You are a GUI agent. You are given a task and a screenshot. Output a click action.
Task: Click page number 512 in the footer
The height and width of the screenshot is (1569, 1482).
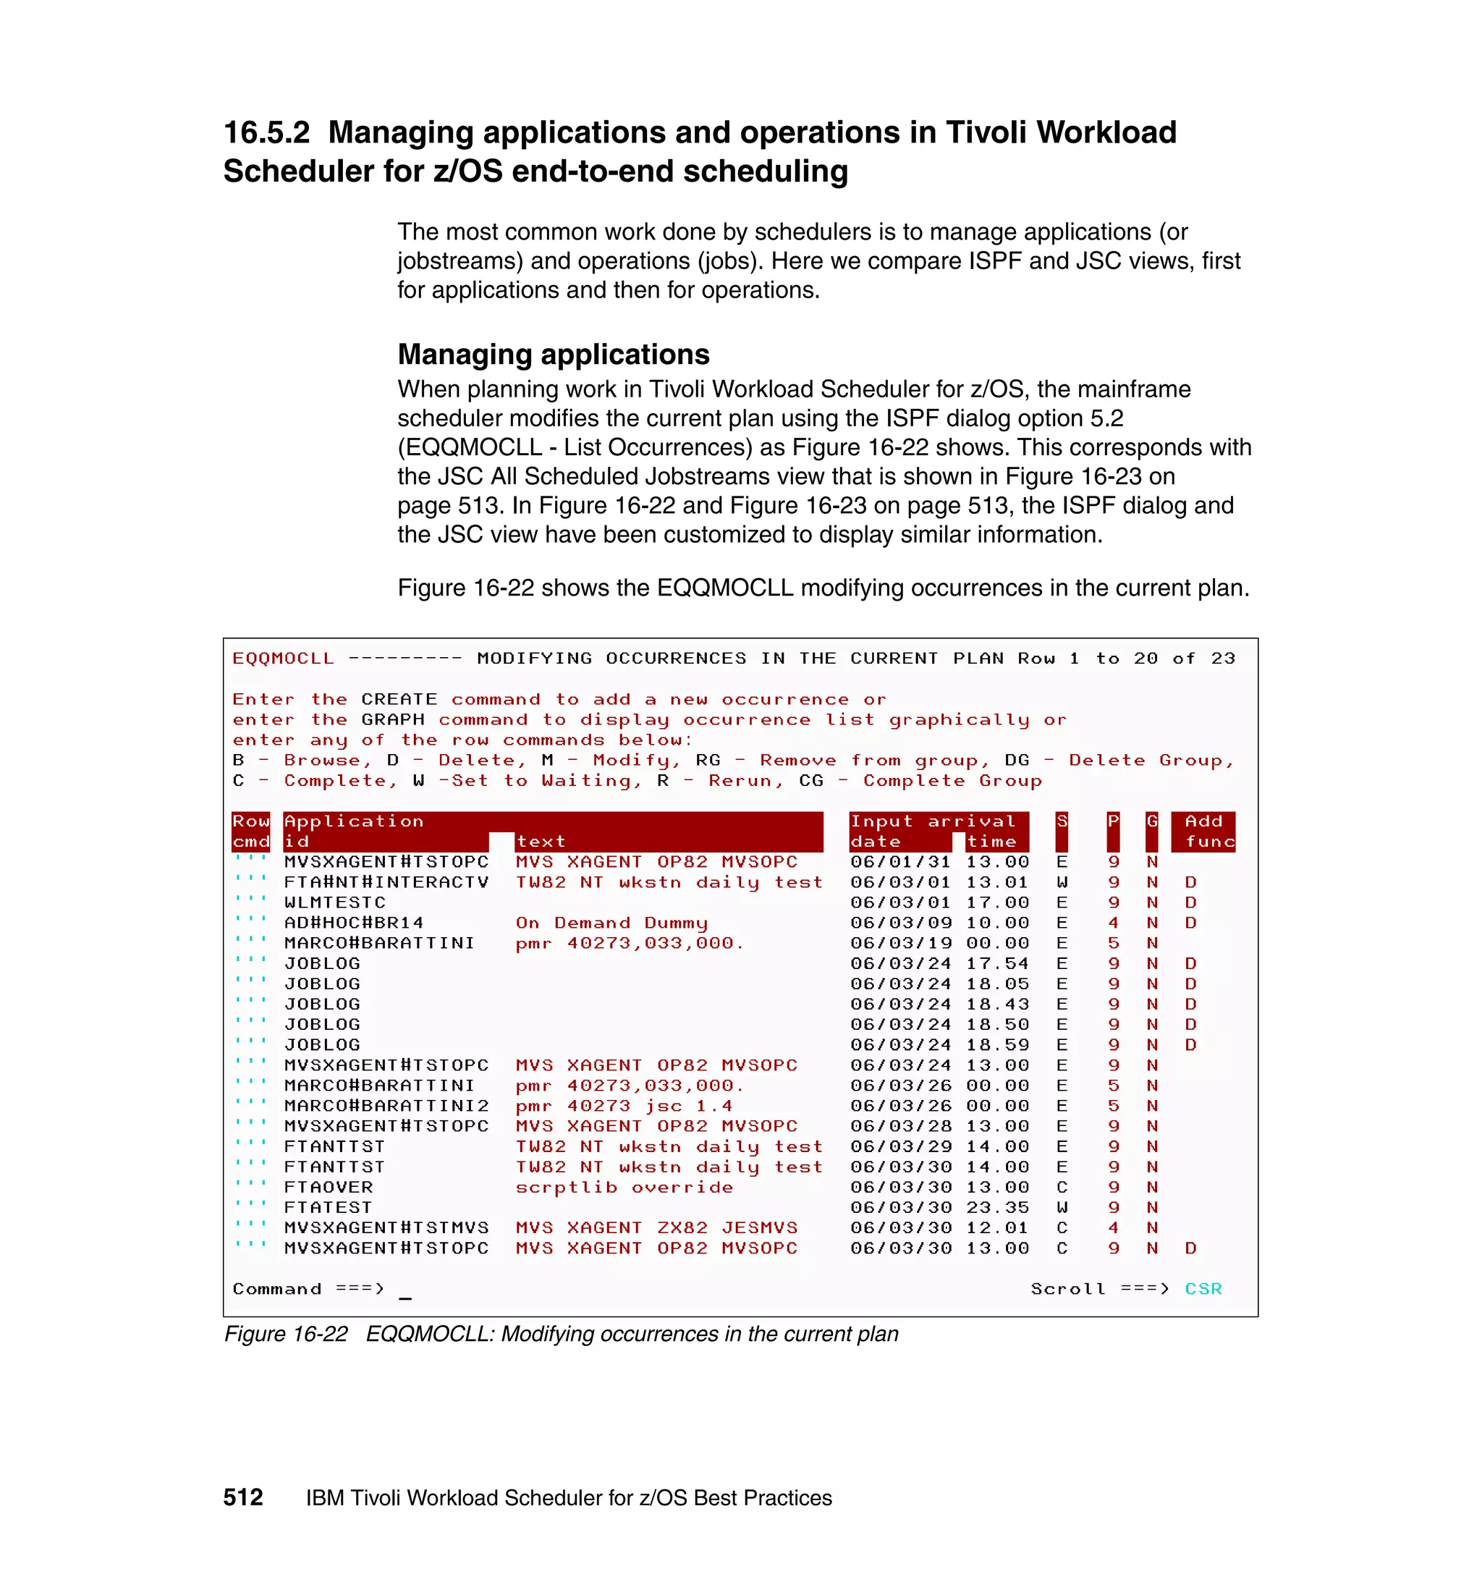click(x=242, y=1497)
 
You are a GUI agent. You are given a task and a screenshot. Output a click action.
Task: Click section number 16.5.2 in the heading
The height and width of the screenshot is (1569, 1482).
click(x=266, y=132)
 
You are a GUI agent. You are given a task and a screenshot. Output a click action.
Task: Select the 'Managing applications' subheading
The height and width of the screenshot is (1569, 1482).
click(x=553, y=354)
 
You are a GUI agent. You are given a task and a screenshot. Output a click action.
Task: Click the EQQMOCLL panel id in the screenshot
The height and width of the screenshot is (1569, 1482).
click(x=283, y=658)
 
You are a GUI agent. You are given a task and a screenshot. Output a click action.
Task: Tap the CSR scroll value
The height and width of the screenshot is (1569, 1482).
click(x=1203, y=1288)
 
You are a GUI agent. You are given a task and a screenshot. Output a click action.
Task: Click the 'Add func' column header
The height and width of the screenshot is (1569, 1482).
click(x=1203, y=831)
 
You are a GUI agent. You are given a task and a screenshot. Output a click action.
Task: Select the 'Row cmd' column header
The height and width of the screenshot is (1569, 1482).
click(x=250, y=831)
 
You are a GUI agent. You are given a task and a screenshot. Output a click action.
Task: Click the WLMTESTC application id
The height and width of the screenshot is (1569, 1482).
click(x=335, y=902)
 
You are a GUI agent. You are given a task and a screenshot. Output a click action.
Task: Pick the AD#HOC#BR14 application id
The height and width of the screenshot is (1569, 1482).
click(x=354, y=923)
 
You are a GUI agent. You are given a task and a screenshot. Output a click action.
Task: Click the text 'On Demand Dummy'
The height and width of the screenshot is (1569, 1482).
click(x=611, y=923)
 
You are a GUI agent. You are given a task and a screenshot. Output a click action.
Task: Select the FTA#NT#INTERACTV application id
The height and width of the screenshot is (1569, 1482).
click(x=386, y=881)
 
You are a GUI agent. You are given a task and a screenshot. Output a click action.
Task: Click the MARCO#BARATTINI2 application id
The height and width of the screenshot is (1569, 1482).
click(x=386, y=1106)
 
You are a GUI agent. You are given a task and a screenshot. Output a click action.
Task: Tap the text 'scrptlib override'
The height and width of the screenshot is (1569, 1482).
click(x=624, y=1188)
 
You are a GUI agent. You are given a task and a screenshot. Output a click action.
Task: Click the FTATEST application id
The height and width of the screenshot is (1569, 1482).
click(x=328, y=1207)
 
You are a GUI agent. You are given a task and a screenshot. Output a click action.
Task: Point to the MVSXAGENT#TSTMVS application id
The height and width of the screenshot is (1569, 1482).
click(x=386, y=1227)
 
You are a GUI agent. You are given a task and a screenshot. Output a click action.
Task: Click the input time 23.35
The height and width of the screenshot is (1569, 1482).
click(x=997, y=1207)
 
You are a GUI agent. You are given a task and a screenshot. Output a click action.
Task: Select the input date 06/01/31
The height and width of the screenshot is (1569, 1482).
click(x=899, y=862)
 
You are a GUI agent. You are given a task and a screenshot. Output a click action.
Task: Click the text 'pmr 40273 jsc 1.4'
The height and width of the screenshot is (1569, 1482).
click(x=623, y=1106)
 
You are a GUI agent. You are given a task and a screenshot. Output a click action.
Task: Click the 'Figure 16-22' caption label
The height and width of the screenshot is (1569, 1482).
click(x=285, y=1335)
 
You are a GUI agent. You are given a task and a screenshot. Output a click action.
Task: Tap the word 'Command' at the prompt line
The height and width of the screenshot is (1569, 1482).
click(x=276, y=1288)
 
